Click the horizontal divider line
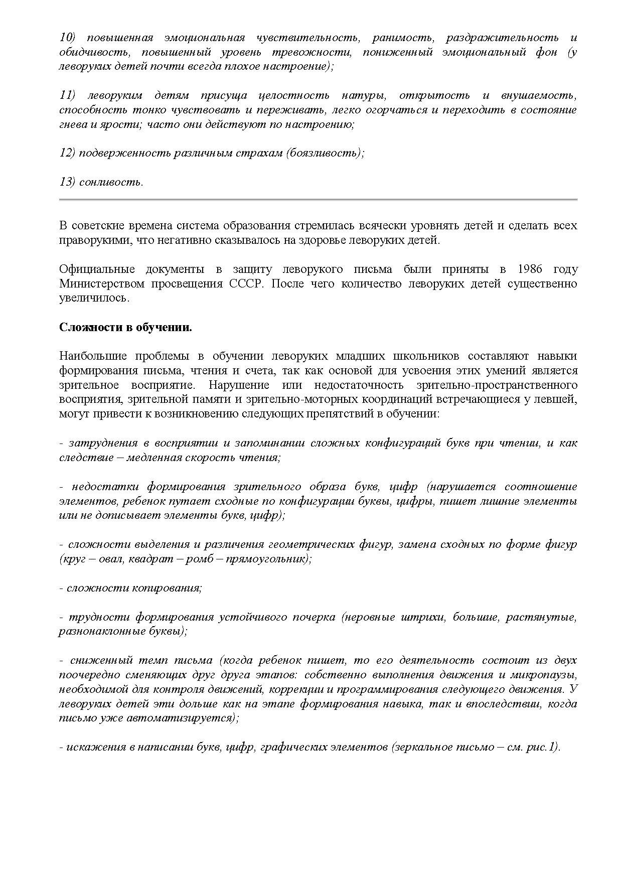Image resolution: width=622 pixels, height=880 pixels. click(318, 200)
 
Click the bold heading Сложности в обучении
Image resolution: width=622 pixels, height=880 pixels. click(125, 328)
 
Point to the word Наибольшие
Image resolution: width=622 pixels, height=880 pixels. click(89, 356)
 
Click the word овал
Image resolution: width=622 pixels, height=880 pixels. click(109, 559)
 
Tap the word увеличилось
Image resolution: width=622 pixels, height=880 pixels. click(94, 299)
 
